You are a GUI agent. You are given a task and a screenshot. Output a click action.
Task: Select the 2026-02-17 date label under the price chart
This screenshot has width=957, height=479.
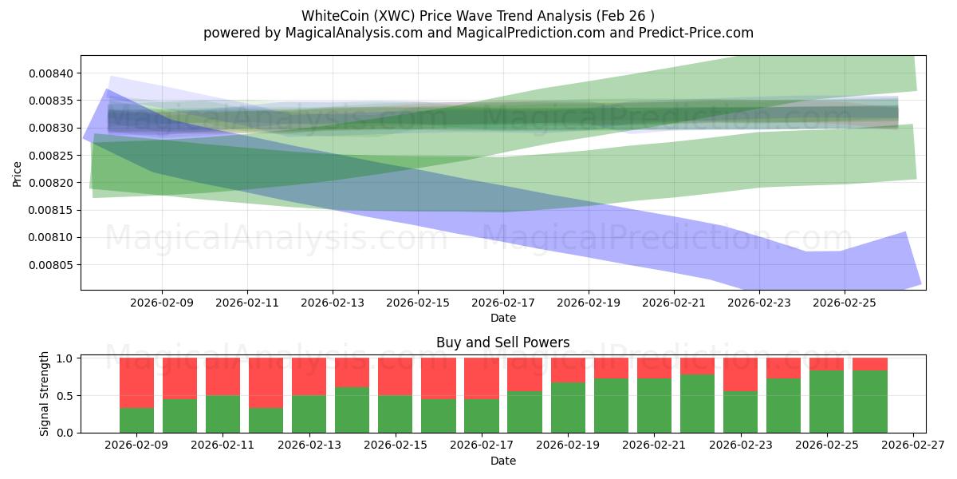(503, 303)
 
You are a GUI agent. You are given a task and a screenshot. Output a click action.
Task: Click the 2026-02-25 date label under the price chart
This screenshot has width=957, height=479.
(845, 303)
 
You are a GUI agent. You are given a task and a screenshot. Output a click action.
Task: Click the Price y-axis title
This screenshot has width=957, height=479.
(18, 172)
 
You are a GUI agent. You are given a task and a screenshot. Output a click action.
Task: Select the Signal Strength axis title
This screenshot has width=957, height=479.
(45, 394)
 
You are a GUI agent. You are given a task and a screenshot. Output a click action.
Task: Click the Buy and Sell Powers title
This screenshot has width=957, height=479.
(502, 342)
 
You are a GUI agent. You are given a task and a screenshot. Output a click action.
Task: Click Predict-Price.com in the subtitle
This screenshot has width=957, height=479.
(698, 33)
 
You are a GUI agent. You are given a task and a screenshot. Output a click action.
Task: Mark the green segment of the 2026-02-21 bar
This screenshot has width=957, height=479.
(654, 406)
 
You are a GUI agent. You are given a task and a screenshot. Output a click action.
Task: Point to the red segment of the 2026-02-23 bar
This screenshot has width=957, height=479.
(740, 374)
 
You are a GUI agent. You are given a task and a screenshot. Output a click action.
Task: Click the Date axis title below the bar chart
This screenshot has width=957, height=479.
(502, 461)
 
